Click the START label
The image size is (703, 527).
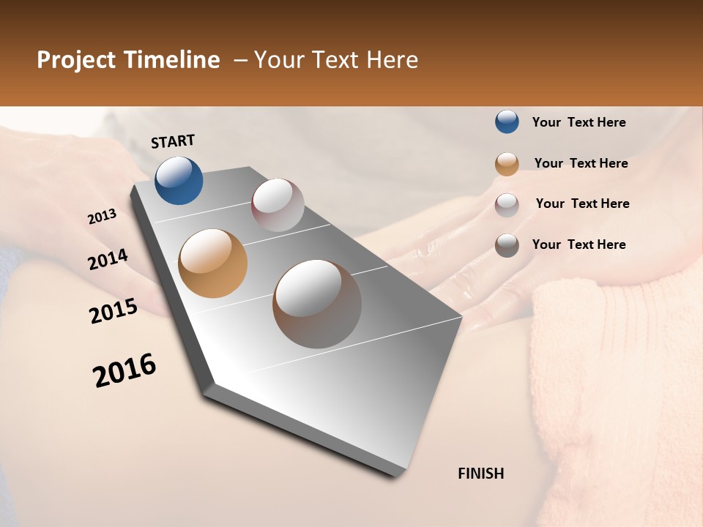[x=173, y=141]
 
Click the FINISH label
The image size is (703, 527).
[x=481, y=474]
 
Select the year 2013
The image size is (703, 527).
[x=103, y=217]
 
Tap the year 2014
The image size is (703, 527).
[x=108, y=260]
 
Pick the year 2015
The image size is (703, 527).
[x=114, y=311]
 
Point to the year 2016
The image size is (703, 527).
[x=124, y=370]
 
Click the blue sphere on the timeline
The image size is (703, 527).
[x=179, y=180]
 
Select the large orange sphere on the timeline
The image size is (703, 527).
[x=212, y=263]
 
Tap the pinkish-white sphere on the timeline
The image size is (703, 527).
[x=278, y=205]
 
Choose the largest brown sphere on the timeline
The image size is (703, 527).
[x=317, y=304]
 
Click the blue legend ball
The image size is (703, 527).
[x=507, y=122]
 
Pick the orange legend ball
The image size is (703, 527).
[x=507, y=164]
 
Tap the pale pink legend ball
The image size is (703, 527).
[x=507, y=204]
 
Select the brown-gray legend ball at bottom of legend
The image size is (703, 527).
[x=507, y=245]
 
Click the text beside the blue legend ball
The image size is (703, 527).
[x=579, y=123]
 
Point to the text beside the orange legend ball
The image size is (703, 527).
[x=581, y=163]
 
